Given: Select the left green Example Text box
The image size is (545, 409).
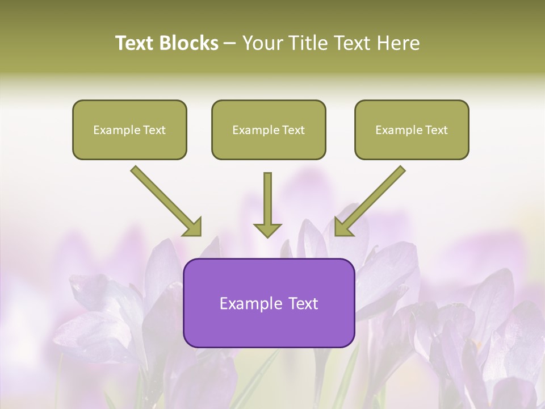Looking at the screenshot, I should (129, 130).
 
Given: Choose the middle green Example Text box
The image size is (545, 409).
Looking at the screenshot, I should (269, 130).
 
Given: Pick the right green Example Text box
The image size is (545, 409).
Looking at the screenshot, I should (412, 130).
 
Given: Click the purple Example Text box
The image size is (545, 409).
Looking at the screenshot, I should (269, 303).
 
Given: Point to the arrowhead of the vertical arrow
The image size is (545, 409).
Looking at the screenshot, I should (267, 229).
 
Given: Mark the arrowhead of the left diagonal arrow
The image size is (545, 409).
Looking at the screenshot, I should (193, 227).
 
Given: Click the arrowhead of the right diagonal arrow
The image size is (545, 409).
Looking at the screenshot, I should (343, 227).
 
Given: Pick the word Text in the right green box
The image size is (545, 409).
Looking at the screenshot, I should (437, 130).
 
